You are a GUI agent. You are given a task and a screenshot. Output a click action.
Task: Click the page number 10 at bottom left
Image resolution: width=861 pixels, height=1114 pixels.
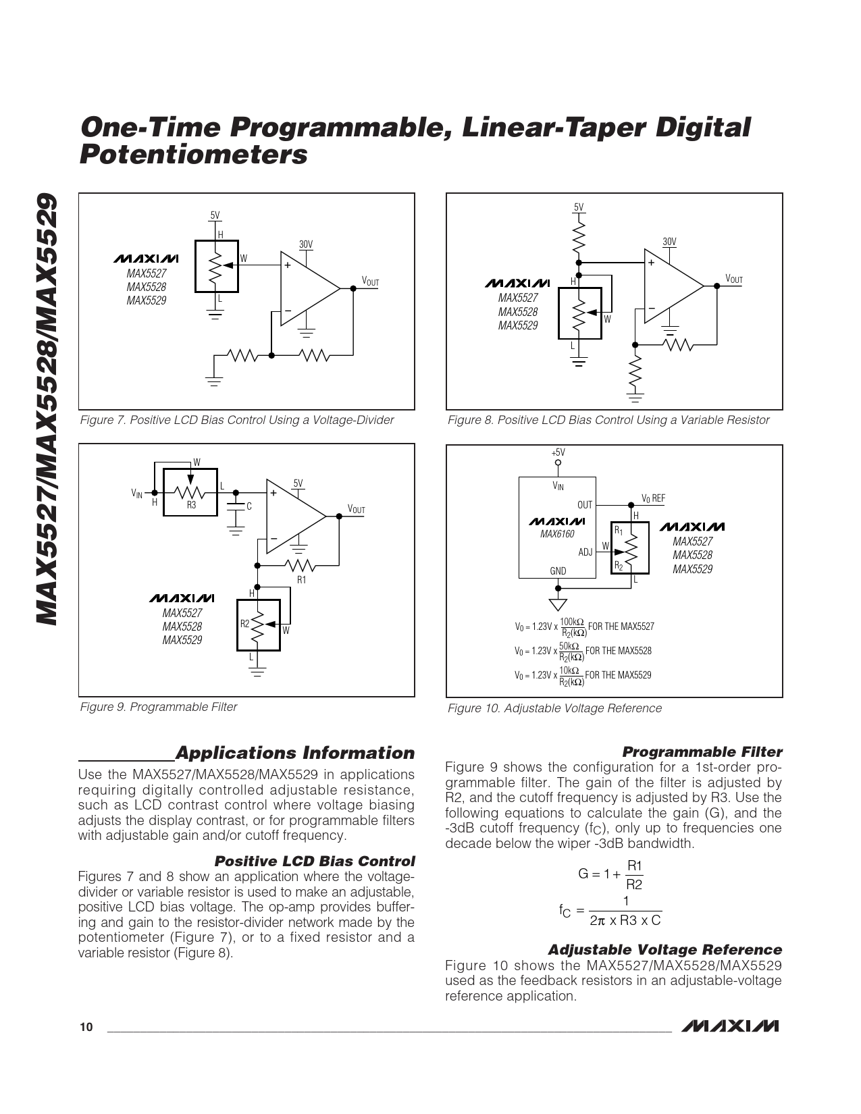(x=86, y=1028)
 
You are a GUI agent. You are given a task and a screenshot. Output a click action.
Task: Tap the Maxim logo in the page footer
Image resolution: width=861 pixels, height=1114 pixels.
(x=730, y=1026)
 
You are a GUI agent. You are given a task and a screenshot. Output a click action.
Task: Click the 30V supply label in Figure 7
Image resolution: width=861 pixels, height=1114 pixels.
(x=306, y=244)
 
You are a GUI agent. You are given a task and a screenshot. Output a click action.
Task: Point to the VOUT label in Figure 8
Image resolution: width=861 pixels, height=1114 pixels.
(x=733, y=279)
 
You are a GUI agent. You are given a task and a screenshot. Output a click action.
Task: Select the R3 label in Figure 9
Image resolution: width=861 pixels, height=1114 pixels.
(x=191, y=505)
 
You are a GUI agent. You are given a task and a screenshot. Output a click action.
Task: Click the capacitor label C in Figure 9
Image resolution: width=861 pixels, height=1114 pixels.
(x=249, y=506)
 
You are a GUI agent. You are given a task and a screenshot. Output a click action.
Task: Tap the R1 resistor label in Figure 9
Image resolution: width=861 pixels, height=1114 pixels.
(x=301, y=580)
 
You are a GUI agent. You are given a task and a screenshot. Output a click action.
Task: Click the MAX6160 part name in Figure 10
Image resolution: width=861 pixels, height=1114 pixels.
(x=557, y=534)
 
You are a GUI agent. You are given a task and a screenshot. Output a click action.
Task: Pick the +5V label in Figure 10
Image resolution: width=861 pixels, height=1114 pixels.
(x=558, y=452)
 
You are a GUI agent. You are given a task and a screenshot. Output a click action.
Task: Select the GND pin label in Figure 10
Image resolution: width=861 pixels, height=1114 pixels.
(x=558, y=571)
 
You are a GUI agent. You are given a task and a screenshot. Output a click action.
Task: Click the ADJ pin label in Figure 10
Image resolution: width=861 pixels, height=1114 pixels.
(x=585, y=552)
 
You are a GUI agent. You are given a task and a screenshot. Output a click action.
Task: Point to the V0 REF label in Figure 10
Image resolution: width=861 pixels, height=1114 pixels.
(x=653, y=499)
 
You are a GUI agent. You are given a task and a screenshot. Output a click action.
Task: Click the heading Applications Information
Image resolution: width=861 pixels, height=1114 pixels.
(x=294, y=753)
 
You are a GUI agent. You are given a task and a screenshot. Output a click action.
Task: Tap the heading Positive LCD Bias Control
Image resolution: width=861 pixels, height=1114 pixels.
(x=314, y=861)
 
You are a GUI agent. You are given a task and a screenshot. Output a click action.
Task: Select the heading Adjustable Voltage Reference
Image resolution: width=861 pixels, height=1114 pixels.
(x=664, y=950)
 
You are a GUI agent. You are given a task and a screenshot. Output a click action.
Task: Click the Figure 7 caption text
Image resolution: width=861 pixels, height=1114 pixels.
(x=236, y=420)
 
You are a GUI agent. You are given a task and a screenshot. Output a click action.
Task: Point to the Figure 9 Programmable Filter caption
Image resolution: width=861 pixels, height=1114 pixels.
(x=159, y=707)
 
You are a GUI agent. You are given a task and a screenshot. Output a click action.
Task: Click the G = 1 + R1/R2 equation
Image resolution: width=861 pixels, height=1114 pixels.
(x=610, y=874)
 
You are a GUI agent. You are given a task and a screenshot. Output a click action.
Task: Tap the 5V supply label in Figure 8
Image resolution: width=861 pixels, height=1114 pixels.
(x=579, y=207)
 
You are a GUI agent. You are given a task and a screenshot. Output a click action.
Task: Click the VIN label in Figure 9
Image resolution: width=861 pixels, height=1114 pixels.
(x=137, y=494)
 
